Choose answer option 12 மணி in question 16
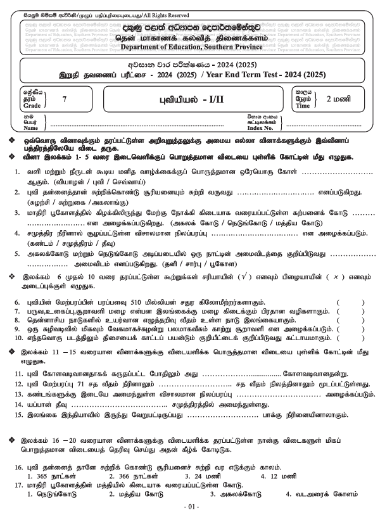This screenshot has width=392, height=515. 287,474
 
